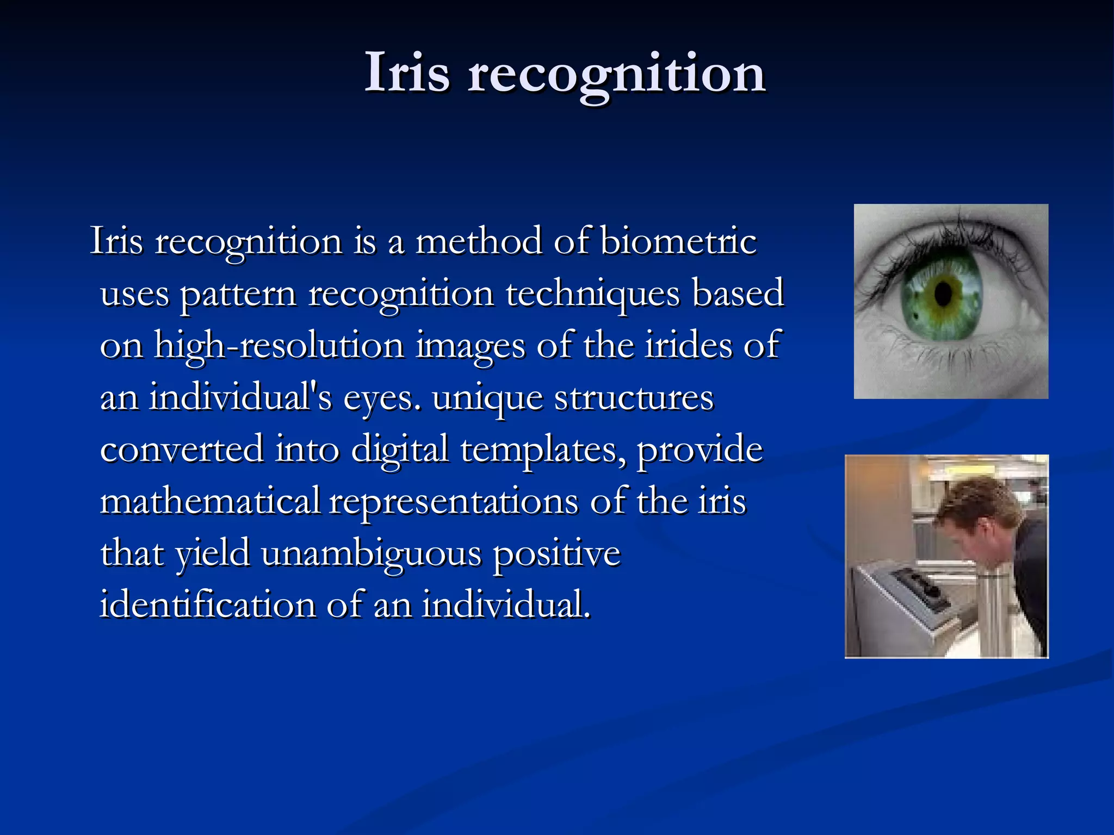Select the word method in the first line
click(479, 241)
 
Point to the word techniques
click(593, 294)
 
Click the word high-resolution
click(279, 346)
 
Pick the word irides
click(688, 345)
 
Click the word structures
click(634, 398)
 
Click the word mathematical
click(210, 501)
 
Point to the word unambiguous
click(372, 554)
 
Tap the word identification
click(207, 605)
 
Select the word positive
click(556, 554)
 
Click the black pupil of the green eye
click(943, 294)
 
